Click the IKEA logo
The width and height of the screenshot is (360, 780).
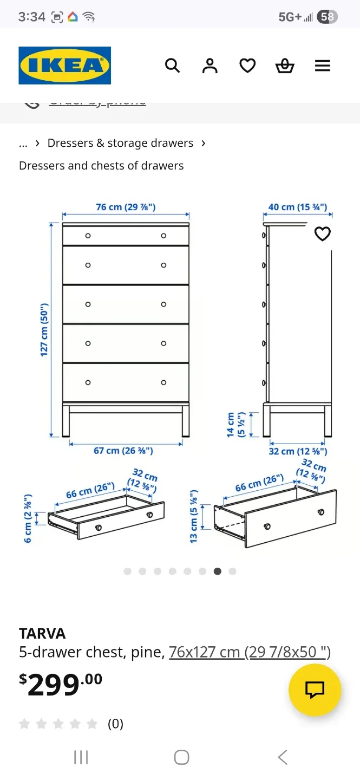coord(64,66)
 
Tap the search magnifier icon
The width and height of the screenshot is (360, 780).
coord(172,66)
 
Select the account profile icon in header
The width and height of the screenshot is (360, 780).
coord(210,66)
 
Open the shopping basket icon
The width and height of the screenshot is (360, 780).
coord(285,66)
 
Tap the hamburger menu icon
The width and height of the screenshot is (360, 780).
coord(323,66)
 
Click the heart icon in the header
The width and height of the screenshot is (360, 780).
coord(247,66)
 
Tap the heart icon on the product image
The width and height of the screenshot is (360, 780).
coord(323,234)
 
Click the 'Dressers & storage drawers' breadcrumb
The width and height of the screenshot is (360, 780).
coord(120,143)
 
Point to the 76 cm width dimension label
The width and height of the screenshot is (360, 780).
coord(126,207)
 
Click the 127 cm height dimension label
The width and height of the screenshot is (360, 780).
coord(44,329)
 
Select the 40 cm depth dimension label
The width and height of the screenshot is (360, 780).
coord(298,207)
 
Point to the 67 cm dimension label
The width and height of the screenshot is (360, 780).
coord(123,450)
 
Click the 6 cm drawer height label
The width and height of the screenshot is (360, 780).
coord(28,518)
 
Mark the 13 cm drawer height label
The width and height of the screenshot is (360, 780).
coord(194,516)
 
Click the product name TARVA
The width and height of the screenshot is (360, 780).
coord(42,633)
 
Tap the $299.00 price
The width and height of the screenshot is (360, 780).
coord(61,685)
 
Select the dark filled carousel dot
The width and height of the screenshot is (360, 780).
coord(218,571)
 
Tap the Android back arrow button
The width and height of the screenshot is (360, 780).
coord(282,757)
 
